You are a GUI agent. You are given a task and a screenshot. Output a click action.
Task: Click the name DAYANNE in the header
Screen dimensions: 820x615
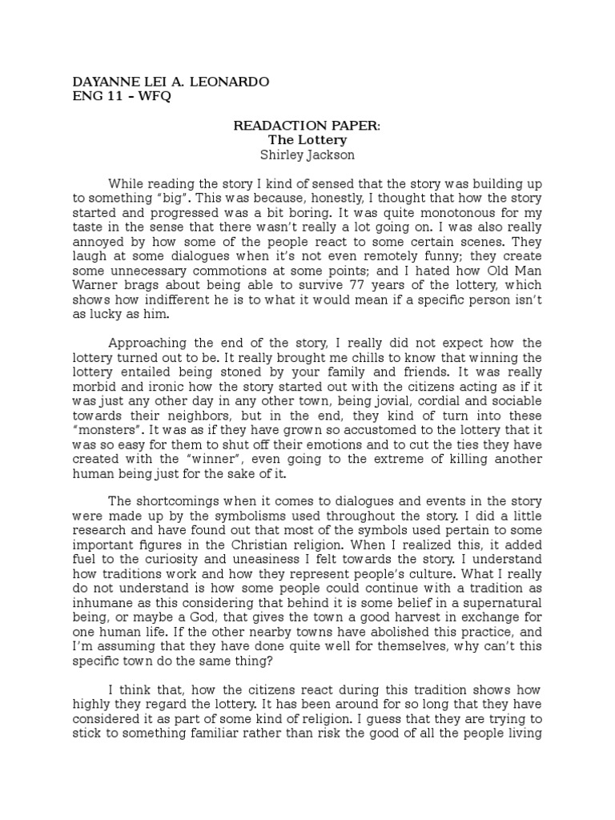[102, 82]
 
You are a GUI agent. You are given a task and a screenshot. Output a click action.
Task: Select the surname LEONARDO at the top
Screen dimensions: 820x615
[231, 82]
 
